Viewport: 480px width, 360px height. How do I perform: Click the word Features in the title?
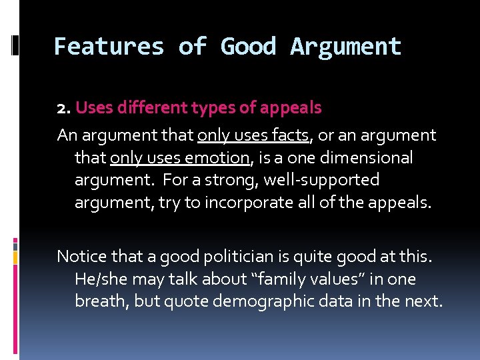(109, 47)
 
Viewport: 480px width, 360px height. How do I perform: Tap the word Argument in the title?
(346, 47)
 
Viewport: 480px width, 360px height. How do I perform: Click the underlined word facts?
(291, 135)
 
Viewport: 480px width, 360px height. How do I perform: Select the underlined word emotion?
(217, 158)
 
